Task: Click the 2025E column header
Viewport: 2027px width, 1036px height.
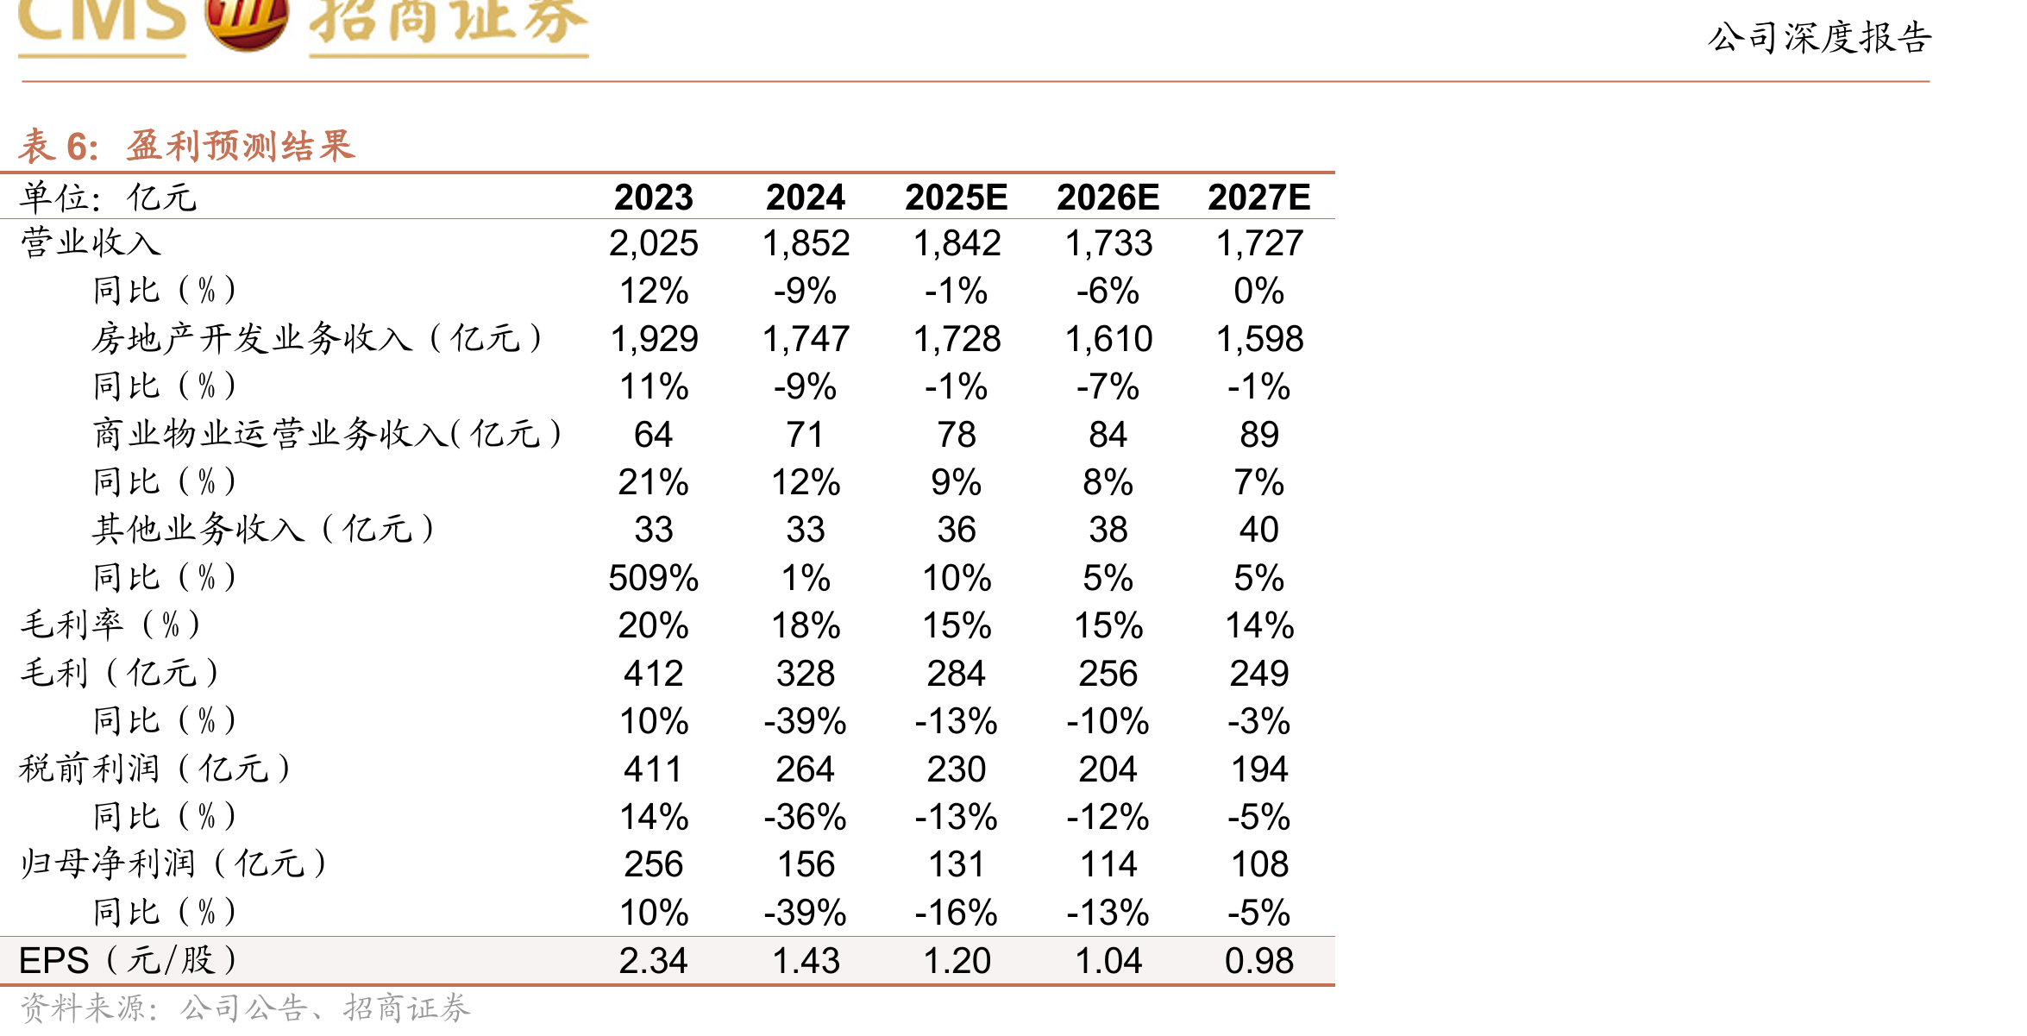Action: point(956,198)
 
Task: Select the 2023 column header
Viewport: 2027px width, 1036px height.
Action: point(653,198)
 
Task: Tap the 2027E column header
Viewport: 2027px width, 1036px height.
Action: point(1258,198)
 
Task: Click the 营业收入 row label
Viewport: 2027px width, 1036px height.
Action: point(91,242)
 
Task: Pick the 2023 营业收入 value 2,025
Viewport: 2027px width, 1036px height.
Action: point(653,243)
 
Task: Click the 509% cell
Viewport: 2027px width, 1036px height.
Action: point(653,578)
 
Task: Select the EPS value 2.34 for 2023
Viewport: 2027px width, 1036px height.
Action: point(653,961)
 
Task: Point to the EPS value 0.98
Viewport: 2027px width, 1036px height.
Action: point(1258,961)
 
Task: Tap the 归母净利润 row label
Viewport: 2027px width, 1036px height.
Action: point(173,863)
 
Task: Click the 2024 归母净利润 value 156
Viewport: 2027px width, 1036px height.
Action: point(805,864)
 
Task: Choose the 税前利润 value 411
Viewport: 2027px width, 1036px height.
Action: point(653,769)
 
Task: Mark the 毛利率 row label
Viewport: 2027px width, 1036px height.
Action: point(110,625)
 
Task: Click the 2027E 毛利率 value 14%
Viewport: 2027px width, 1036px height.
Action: point(1258,625)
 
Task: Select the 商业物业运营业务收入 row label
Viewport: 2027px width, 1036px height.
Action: point(328,433)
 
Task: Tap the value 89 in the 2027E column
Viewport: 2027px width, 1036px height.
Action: point(1258,435)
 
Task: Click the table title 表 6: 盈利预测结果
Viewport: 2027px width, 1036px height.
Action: point(186,146)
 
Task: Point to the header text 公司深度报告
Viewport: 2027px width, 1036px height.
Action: point(1819,37)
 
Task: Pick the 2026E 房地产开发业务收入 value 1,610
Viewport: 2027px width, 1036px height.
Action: point(1108,339)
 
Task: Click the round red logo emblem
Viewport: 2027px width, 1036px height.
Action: point(247,22)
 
